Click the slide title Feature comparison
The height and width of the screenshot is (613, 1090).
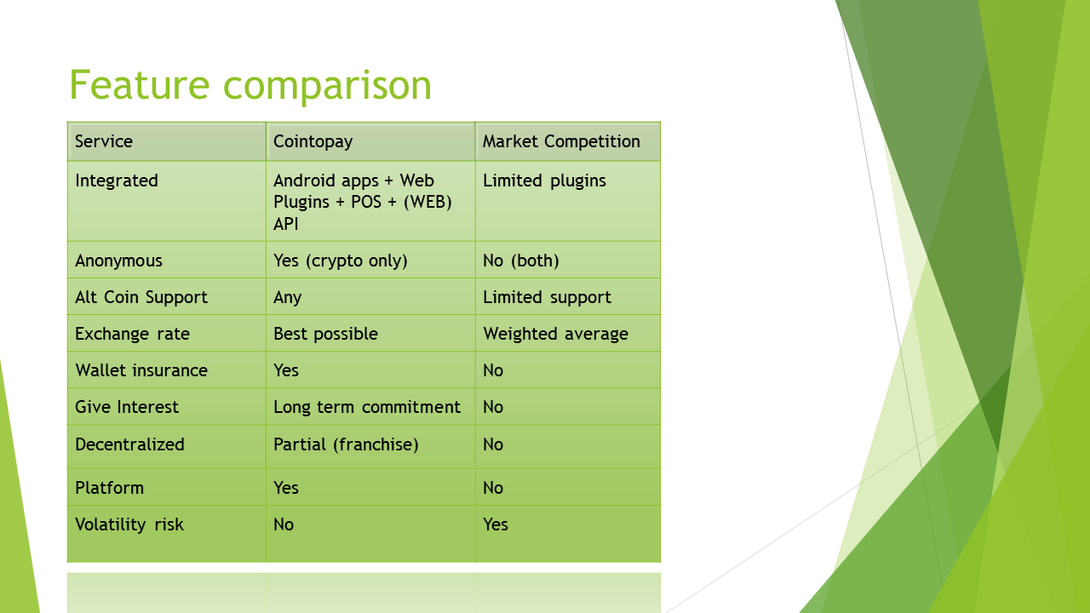click(250, 86)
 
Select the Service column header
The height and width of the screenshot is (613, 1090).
click(104, 141)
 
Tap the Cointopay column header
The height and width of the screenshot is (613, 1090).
click(313, 142)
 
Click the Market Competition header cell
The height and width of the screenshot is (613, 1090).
click(561, 141)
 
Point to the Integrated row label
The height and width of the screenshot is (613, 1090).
click(117, 181)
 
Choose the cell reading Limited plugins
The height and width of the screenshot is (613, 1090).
click(544, 181)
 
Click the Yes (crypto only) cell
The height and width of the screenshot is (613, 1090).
click(340, 261)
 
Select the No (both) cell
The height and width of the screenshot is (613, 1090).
click(520, 261)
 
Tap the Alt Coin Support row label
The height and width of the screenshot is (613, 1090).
click(141, 297)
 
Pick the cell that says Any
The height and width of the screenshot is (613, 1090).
click(288, 298)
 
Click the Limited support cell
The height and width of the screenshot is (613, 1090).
click(547, 297)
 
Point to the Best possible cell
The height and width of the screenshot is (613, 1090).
click(325, 335)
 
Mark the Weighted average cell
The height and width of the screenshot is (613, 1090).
click(556, 335)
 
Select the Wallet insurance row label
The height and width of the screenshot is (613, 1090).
click(141, 370)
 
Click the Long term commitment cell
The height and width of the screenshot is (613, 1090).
click(367, 407)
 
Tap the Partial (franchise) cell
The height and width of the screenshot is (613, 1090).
click(346, 444)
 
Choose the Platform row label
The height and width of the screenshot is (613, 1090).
click(110, 488)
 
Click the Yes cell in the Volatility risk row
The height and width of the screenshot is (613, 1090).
click(496, 524)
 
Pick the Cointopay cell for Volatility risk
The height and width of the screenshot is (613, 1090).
click(284, 524)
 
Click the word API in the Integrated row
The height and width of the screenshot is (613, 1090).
click(285, 224)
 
